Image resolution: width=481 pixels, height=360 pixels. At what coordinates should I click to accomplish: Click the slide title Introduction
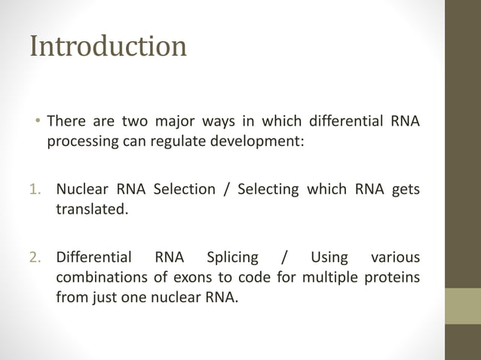(x=108, y=46)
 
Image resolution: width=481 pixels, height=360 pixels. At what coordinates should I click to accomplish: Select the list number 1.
(x=35, y=189)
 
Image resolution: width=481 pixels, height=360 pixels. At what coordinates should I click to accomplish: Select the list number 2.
(x=35, y=258)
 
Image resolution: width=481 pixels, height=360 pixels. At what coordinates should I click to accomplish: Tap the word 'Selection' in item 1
(x=185, y=189)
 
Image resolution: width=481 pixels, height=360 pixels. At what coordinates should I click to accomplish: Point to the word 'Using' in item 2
(x=329, y=258)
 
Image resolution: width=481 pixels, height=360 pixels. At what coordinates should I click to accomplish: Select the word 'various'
(x=395, y=258)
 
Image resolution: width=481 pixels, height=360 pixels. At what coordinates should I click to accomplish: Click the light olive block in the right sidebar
(x=462, y=306)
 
